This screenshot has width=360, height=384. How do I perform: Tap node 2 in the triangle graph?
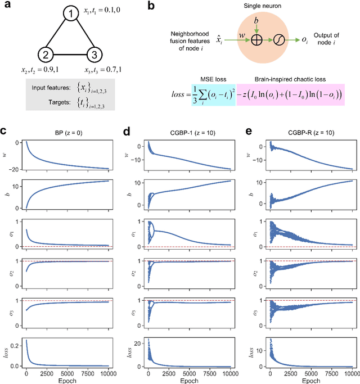click(x=46, y=55)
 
